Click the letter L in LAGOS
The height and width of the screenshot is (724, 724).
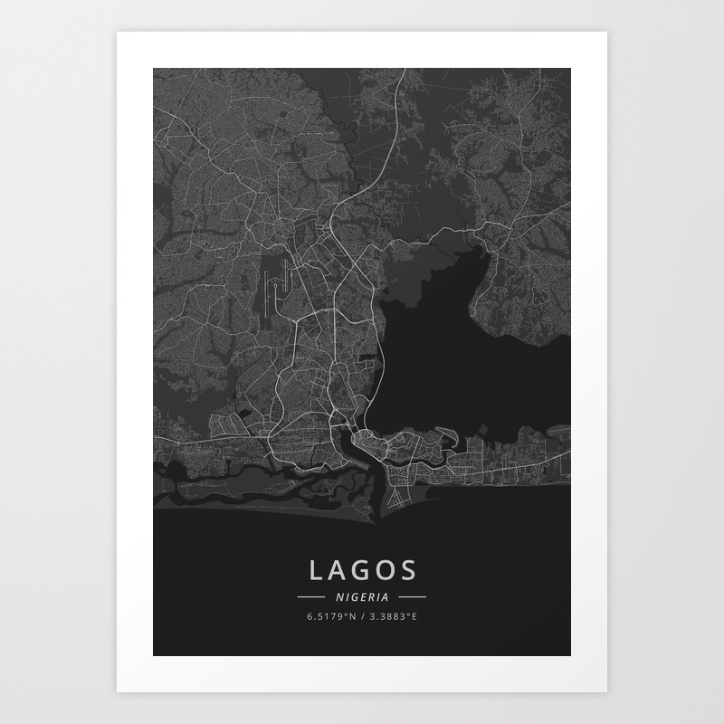click(x=316, y=570)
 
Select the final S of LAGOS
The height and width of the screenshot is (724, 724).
click(x=409, y=570)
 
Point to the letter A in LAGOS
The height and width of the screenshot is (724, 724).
click(x=339, y=570)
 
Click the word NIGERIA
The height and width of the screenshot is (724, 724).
click(x=362, y=597)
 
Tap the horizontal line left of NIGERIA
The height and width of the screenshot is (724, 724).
click(x=310, y=597)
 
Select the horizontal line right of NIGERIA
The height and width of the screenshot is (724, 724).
click(x=413, y=597)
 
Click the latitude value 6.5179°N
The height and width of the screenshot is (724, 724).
click(x=331, y=617)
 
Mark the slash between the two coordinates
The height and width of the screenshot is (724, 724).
click(x=363, y=617)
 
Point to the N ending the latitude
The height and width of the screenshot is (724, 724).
click(x=353, y=617)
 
